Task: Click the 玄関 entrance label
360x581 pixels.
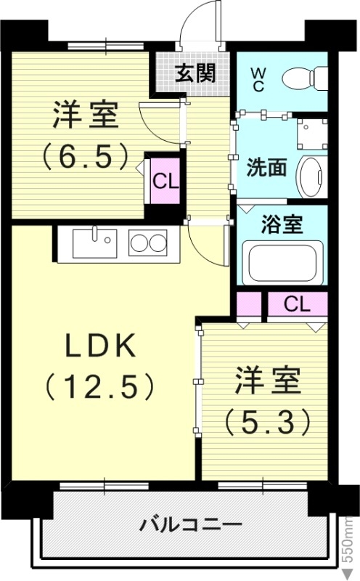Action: point(194,73)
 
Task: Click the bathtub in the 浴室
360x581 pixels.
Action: point(284,264)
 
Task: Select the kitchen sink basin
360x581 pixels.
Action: point(96,241)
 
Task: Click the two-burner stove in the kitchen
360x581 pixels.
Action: point(148,243)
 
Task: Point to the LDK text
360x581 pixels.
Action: point(101,348)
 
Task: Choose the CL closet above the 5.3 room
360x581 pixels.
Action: point(296,304)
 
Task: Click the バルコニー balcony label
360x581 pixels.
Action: point(181,522)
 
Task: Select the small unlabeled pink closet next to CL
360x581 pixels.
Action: point(248,304)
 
